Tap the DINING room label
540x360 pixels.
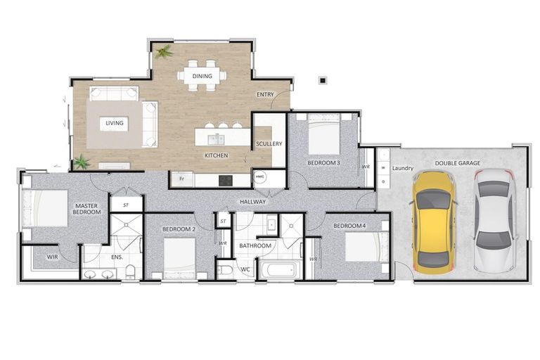pos(202,76)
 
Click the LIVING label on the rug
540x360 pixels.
pos(115,124)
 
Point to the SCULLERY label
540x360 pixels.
pos(269,144)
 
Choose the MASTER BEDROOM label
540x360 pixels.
pos(86,210)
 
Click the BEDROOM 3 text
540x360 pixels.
pos(323,163)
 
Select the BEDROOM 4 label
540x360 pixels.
pos(349,226)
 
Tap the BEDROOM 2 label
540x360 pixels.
pos(179,229)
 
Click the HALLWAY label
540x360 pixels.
pos(252,202)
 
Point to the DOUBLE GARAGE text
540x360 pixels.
pos(457,163)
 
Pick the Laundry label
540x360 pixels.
pos(403,168)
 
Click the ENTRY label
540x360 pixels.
pos(265,95)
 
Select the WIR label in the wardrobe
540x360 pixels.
pos(52,257)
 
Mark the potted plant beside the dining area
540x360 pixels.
pos(165,52)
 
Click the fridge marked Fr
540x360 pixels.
pos(181,180)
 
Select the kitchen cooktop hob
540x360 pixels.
pos(226,180)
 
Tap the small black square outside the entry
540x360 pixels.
pos(321,81)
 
